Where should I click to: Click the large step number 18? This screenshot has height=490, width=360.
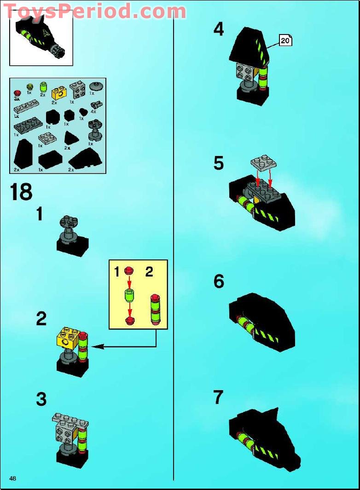(x=21, y=192)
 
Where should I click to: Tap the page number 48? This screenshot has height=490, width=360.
(x=12, y=478)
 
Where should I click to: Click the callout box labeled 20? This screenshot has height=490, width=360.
(x=285, y=41)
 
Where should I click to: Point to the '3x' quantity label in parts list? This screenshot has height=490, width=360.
(x=17, y=99)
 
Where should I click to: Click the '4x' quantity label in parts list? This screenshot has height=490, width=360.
(x=93, y=111)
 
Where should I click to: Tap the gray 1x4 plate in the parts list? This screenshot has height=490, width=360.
(x=29, y=108)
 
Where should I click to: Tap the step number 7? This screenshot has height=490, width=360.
(x=218, y=397)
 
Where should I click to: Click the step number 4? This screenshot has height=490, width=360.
(x=219, y=30)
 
